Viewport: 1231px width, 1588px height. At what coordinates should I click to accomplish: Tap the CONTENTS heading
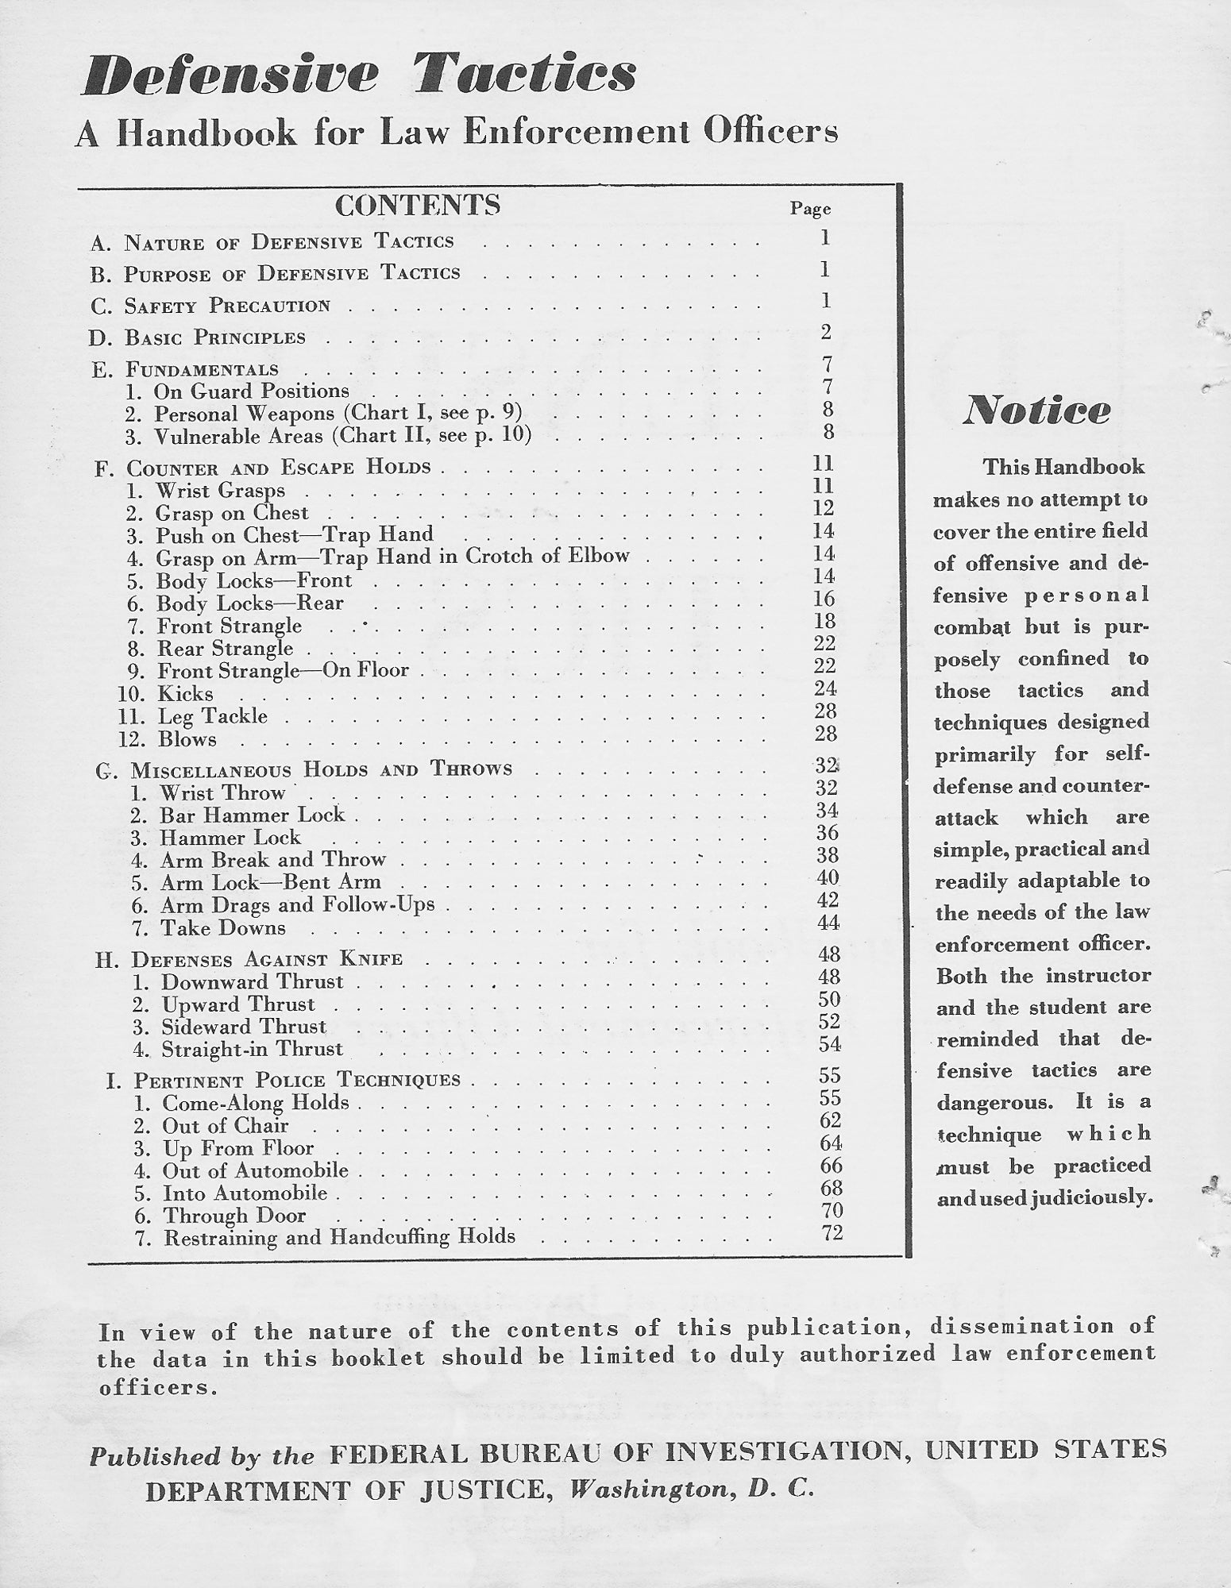coord(418,206)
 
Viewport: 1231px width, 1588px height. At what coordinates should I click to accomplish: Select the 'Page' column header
coord(810,209)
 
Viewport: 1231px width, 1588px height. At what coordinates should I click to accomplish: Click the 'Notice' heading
coord(1036,411)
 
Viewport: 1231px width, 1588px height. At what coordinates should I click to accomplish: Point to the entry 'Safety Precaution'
coord(227,306)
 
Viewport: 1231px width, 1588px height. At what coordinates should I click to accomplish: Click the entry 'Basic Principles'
coord(214,337)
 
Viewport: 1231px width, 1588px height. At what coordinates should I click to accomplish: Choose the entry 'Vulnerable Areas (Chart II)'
coord(342,437)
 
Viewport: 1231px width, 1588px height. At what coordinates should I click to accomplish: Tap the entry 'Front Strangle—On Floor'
coord(283,671)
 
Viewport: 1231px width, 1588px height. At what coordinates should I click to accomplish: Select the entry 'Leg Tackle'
coord(212,716)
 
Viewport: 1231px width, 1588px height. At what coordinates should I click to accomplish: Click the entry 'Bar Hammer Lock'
coord(253,815)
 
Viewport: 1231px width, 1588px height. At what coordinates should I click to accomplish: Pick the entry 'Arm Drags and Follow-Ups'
coord(297,906)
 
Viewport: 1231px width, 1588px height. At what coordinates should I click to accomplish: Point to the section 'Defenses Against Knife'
coord(268,959)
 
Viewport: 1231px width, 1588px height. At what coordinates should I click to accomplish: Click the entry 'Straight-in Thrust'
coord(252,1049)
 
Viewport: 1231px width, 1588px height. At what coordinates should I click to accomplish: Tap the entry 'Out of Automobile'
coord(255,1171)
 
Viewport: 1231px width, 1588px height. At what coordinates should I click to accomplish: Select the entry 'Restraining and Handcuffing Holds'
coord(339,1237)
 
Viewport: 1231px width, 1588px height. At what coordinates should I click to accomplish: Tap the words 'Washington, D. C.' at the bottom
coord(693,1490)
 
